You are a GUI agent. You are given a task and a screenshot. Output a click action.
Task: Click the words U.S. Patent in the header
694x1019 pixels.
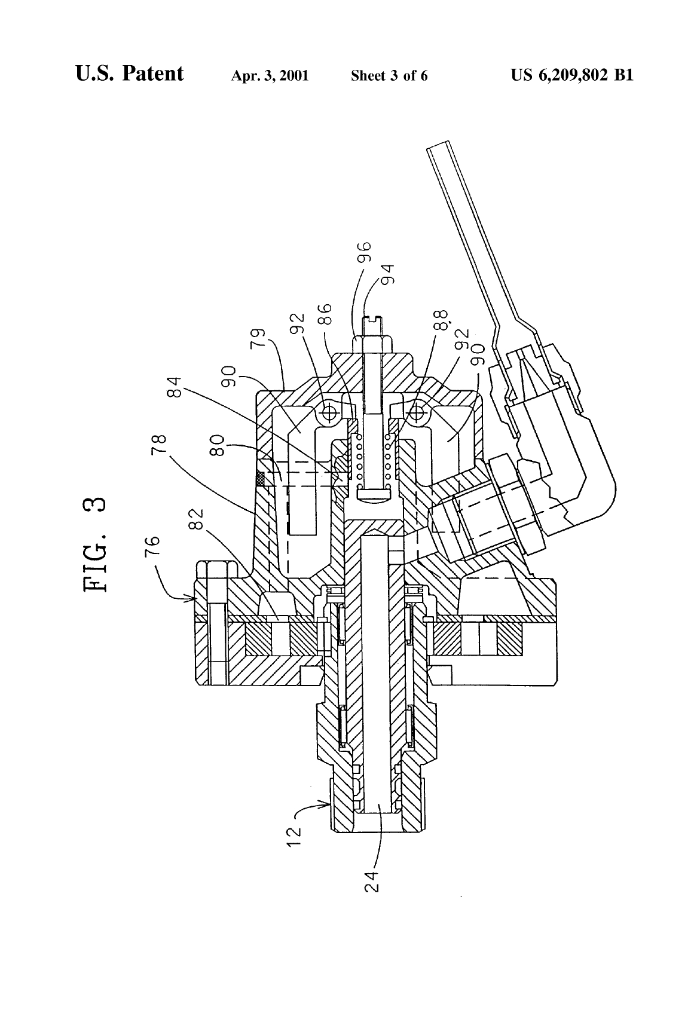click(129, 74)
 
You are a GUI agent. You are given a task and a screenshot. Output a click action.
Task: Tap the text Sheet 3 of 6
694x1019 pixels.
click(389, 76)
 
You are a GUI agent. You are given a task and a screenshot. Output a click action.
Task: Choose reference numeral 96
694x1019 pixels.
click(365, 253)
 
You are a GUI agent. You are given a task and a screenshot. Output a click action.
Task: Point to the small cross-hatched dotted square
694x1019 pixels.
click(260, 478)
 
